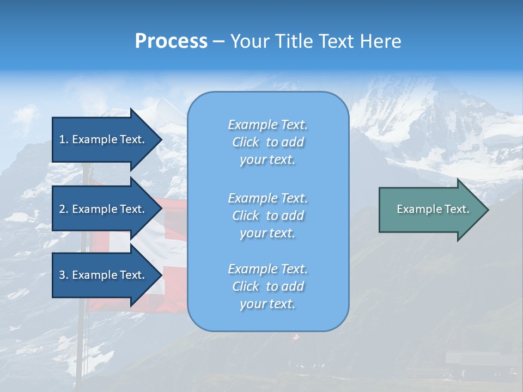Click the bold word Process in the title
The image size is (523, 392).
coord(171,41)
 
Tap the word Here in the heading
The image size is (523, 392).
coord(381,41)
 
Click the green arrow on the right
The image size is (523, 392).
coord(430,209)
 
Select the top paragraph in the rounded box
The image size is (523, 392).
coord(267,142)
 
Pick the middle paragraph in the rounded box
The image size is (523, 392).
coord(267,215)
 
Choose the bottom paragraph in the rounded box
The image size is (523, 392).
coord(267,286)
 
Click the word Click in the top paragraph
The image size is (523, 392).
coord(246,142)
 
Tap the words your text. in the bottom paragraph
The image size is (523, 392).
coord(267,304)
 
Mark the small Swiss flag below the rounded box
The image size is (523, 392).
coord(296,338)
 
